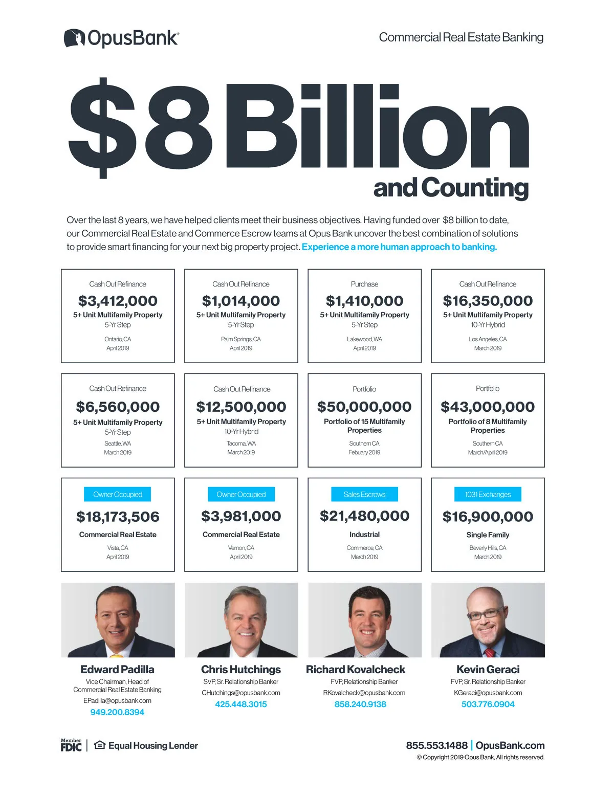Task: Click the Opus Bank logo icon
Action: click(x=74, y=38)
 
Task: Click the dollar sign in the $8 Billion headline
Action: click(x=103, y=127)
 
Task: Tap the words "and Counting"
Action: click(x=451, y=188)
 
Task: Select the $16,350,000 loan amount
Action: click(x=488, y=301)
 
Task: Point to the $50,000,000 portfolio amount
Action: click(x=364, y=407)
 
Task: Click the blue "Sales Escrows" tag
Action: click(x=364, y=495)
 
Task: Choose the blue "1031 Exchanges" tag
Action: click(x=488, y=495)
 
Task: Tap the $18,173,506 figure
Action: click(x=118, y=517)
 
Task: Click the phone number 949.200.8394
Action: click(x=117, y=712)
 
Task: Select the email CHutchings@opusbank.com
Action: click(x=241, y=693)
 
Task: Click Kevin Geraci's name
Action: click(x=488, y=669)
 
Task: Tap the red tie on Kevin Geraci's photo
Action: click(x=490, y=652)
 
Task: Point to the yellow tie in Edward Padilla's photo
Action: click(x=117, y=655)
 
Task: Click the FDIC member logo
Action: click(x=71, y=745)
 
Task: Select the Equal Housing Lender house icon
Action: click(x=100, y=745)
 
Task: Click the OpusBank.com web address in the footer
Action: click(x=510, y=745)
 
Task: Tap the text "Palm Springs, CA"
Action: click(x=241, y=339)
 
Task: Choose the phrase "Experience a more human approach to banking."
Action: click(x=399, y=247)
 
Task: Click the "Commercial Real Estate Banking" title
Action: click(x=461, y=37)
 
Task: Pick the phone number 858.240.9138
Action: click(x=360, y=704)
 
